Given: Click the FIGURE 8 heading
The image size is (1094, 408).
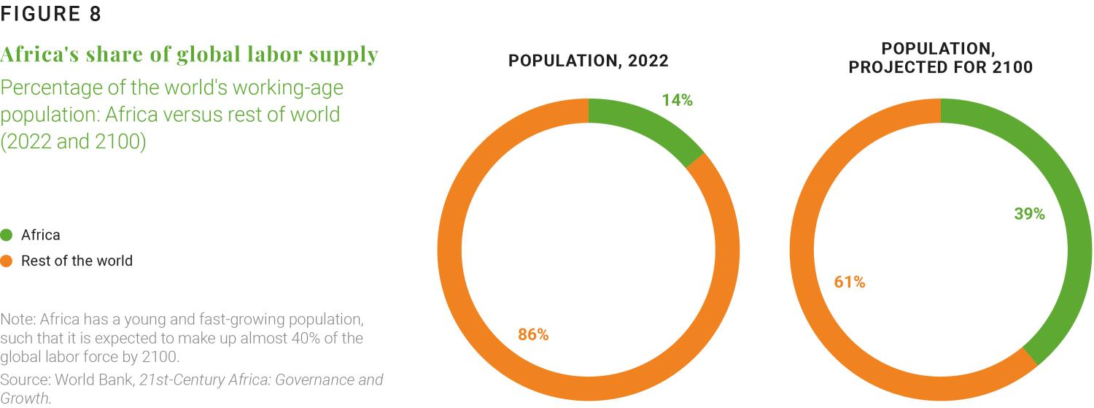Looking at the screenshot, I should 51,14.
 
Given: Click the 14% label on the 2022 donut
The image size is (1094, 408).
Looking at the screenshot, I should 677,101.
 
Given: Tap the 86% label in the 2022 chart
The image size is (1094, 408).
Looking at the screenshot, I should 533,335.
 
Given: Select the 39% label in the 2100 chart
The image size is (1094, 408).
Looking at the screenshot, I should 1029,214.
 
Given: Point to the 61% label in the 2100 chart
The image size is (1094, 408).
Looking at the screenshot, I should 850,282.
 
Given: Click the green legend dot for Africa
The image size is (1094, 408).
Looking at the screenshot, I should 7,235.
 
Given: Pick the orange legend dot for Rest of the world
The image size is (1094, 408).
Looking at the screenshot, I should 7,261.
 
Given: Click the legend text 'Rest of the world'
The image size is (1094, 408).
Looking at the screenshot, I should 77,261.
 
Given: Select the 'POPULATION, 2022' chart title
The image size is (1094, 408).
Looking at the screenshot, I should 588,61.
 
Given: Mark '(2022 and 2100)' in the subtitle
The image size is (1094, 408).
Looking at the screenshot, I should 74,142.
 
